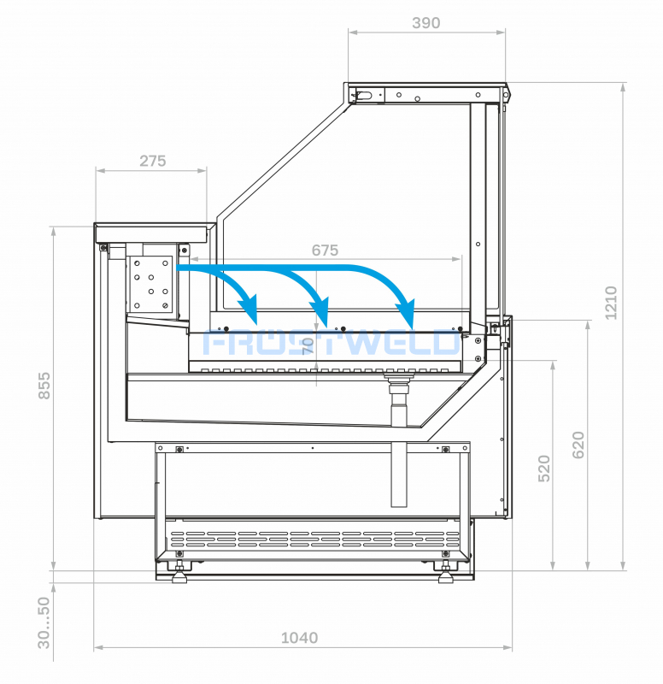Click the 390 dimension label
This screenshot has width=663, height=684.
pyautogui.click(x=425, y=23)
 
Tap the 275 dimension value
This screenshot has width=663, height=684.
pyautogui.click(x=153, y=161)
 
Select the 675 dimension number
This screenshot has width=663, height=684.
pyautogui.click(x=325, y=250)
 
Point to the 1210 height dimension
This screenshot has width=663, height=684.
pyautogui.click(x=611, y=303)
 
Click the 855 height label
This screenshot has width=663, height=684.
pyautogui.click(x=44, y=386)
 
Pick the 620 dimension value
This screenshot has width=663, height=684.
pyautogui.click(x=578, y=445)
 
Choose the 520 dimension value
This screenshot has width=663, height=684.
pyautogui.click(x=544, y=469)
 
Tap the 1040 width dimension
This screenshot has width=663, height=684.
pyautogui.click(x=299, y=638)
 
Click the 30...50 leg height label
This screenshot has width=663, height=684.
pyautogui.click(x=44, y=623)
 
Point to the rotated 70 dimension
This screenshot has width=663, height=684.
pyautogui.click(x=308, y=346)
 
